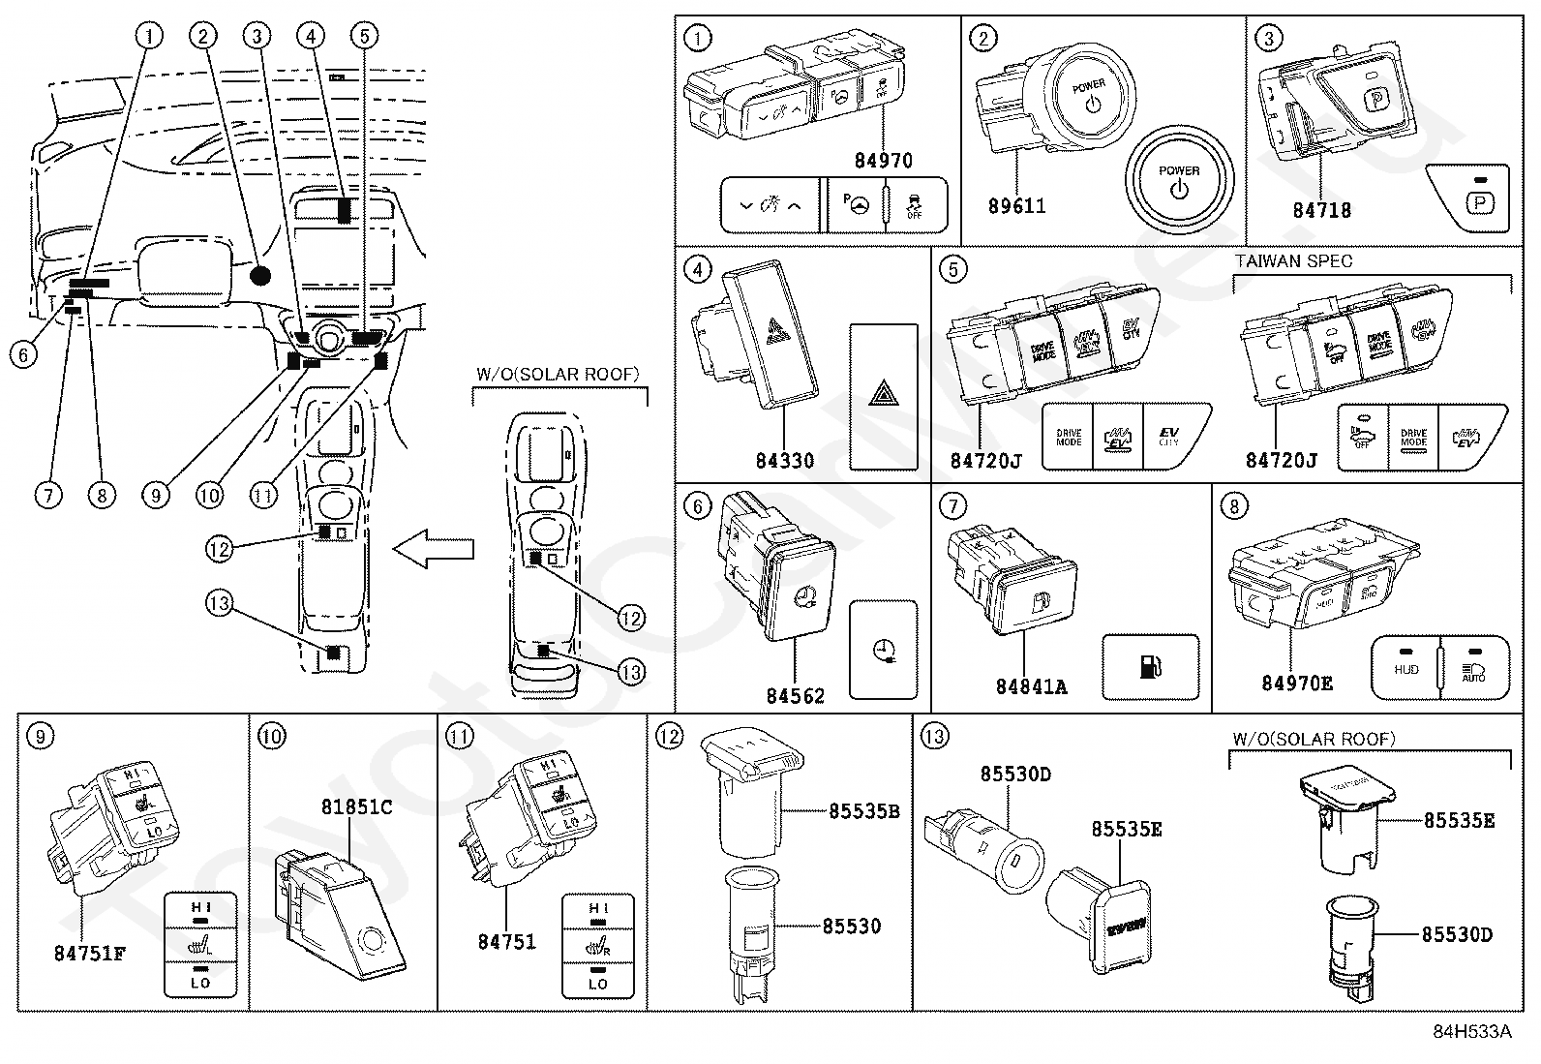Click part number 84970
[883, 161]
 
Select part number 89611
[1016, 206]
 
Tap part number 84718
[1321, 210]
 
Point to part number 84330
[784, 461]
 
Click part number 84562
[796, 696]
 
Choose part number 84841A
[1031, 686]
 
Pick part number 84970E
[1296, 684]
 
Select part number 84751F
[90, 953]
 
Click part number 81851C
[356, 806]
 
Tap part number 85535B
[863, 811]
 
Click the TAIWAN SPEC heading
[1293, 261]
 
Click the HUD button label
[1405, 669]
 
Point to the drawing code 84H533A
[1472, 1032]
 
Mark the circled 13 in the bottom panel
[933, 738]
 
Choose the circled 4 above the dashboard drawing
[310, 37]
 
